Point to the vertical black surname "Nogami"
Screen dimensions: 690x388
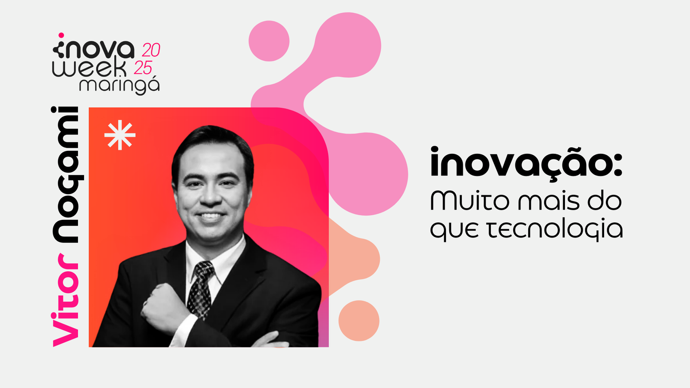click(x=67, y=175)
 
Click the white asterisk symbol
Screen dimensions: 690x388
click(x=120, y=135)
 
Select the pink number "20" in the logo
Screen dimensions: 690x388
click(x=151, y=50)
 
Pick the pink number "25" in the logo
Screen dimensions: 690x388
click(x=143, y=68)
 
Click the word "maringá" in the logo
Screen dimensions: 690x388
click(x=119, y=86)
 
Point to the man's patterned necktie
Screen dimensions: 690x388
click(x=200, y=289)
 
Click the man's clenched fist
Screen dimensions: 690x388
click(x=162, y=308)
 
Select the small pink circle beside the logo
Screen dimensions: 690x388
click(x=269, y=41)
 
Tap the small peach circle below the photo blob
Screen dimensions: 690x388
click(x=359, y=321)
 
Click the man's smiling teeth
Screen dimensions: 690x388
click(x=211, y=216)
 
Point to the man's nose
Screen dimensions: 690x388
click(x=211, y=196)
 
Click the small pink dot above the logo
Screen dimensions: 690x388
click(x=61, y=35)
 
